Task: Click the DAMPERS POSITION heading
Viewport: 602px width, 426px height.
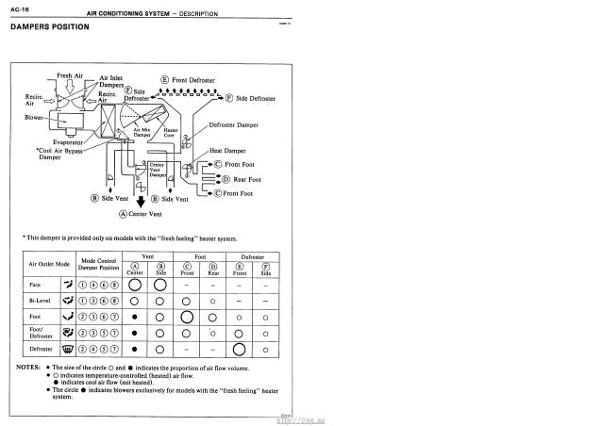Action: (x=49, y=25)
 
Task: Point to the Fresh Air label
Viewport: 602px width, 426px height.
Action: (x=72, y=74)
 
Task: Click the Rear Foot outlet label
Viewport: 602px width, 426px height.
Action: (x=242, y=179)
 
